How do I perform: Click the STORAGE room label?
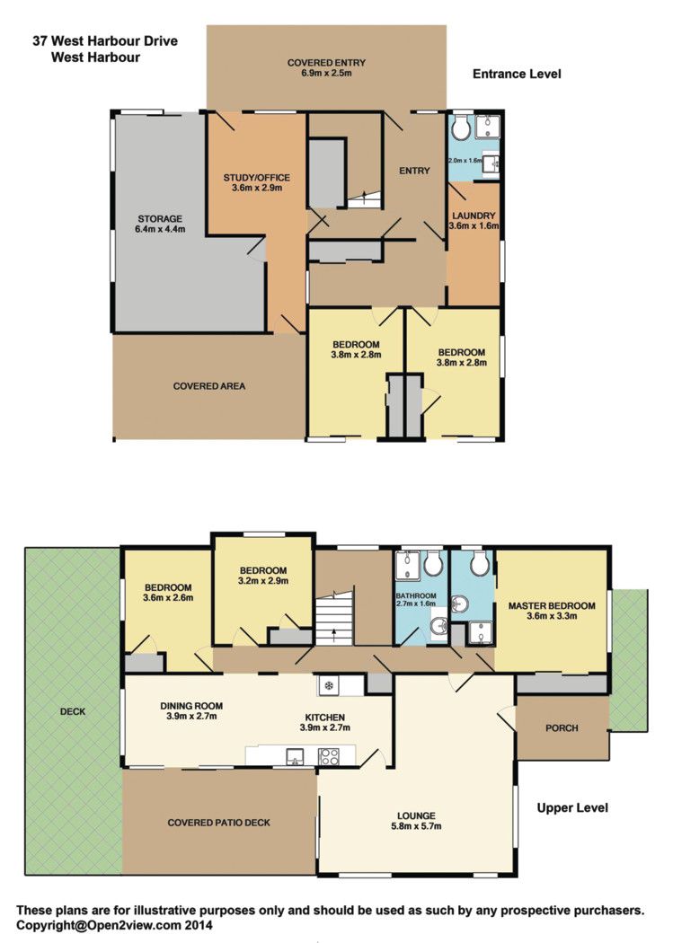click(160, 219)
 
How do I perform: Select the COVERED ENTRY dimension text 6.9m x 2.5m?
click(326, 73)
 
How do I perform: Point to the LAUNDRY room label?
click(474, 216)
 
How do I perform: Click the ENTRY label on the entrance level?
click(414, 171)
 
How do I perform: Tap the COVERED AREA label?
click(209, 386)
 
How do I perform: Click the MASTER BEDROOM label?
click(552, 605)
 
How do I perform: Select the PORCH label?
click(562, 727)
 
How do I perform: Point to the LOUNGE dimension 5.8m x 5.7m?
click(416, 826)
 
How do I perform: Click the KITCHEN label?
click(324, 718)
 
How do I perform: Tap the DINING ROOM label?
click(191, 706)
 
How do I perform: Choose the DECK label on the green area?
click(73, 711)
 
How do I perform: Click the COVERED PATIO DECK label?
click(219, 823)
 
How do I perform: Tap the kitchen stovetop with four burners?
click(328, 756)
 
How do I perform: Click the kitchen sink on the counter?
click(295, 757)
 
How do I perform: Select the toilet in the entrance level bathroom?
click(462, 127)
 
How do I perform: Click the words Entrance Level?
click(517, 74)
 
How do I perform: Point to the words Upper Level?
click(572, 807)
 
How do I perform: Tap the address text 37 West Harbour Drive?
click(105, 41)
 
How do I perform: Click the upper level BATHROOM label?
click(416, 596)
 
